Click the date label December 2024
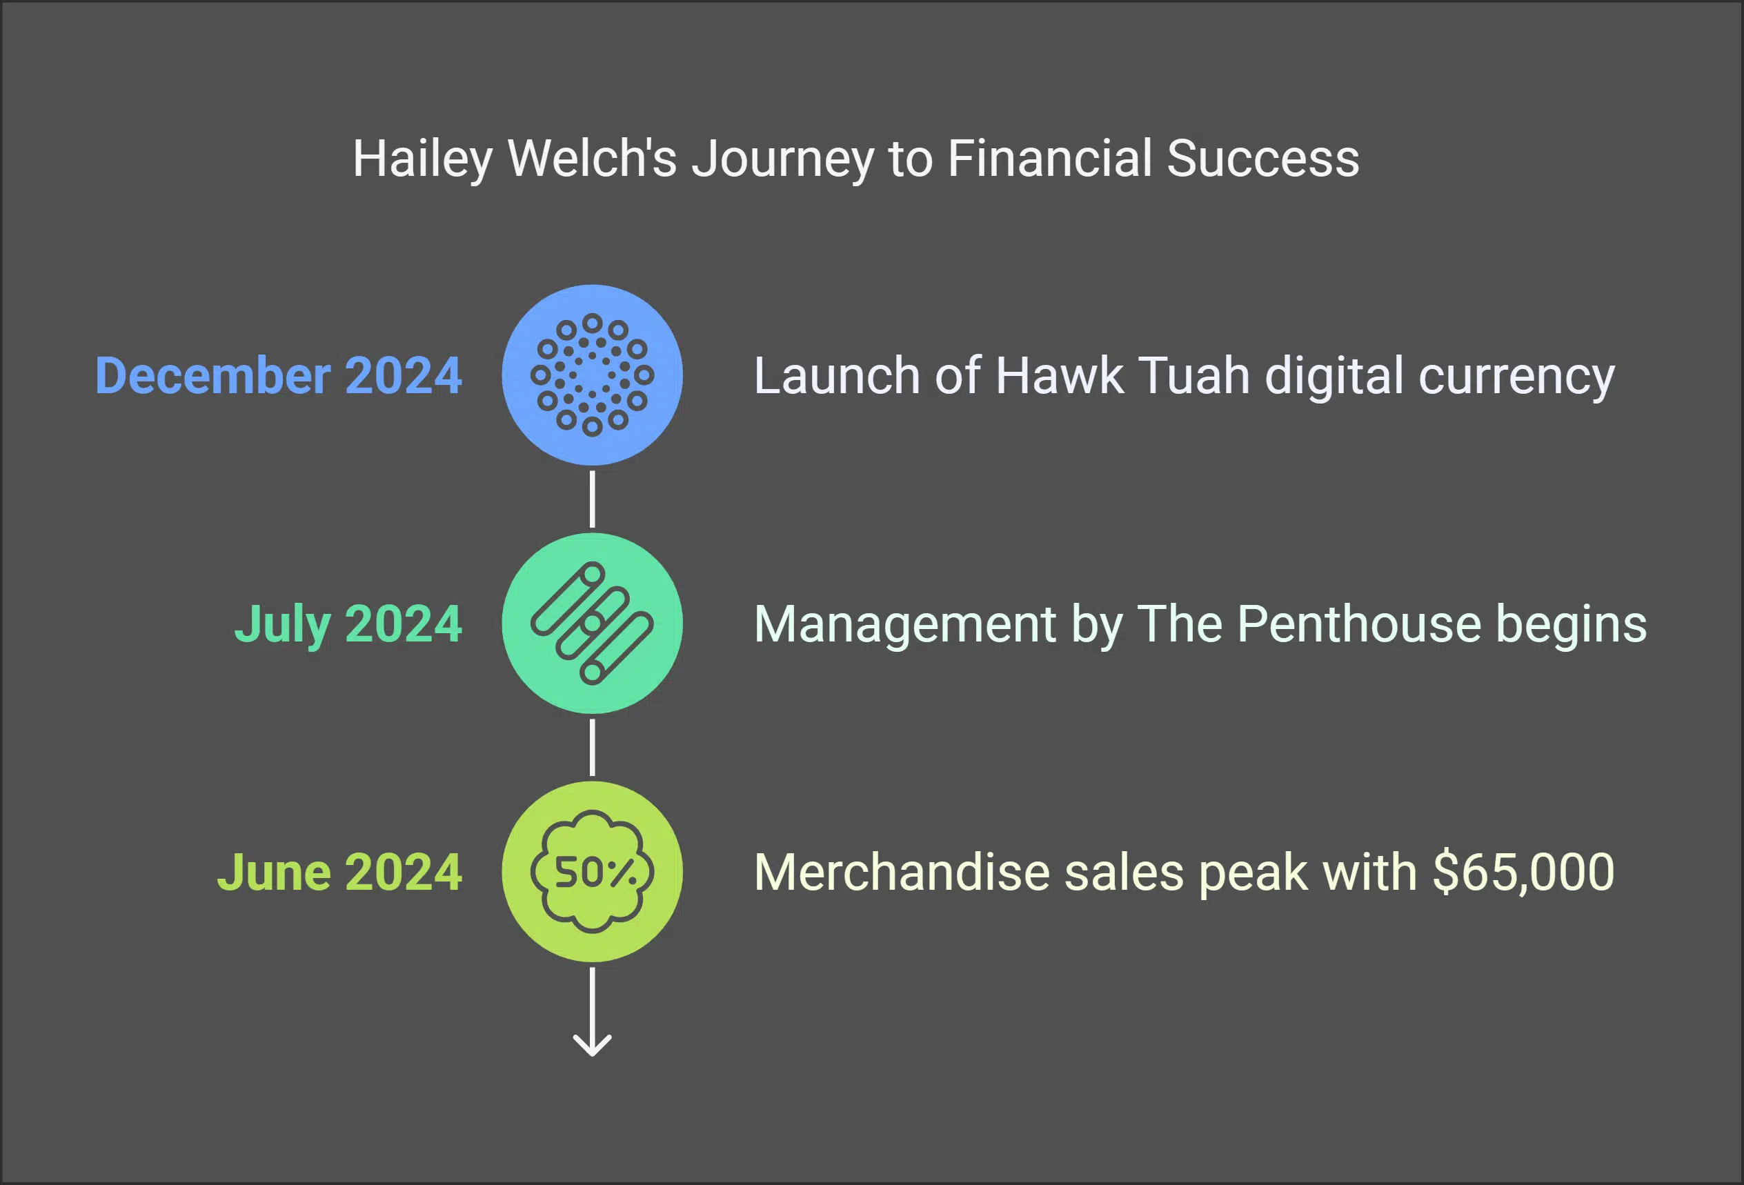(x=277, y=375)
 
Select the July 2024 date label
(x=348, y=624)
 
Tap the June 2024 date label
(x=339, y=872)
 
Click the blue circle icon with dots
(x=592, y=375)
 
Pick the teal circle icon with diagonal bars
(x=592, y=624)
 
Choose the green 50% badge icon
(x=592, y=872)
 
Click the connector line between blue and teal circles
(x=592, y=499)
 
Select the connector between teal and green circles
(x=592, y=748)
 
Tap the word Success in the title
(x=1263, y=159)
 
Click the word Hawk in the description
(x=1060, y=375)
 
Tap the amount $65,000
(x=1523, y=872)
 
